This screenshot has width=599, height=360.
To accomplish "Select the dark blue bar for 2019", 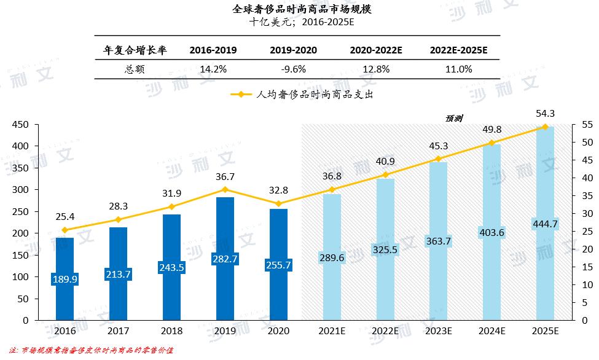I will point(225,258).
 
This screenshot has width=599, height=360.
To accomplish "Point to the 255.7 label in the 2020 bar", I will point(279,265).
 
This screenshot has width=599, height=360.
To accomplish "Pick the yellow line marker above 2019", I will point(225,189).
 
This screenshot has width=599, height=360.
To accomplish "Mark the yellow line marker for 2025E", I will point(545,127).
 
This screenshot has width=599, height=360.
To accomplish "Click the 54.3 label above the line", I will point(545,114).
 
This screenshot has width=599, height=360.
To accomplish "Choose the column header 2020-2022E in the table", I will point(377,50).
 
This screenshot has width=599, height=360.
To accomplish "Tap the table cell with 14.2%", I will point(213,69).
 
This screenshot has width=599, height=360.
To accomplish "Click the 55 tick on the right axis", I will point(587,125).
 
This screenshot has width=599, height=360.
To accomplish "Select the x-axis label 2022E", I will point(385,331).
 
